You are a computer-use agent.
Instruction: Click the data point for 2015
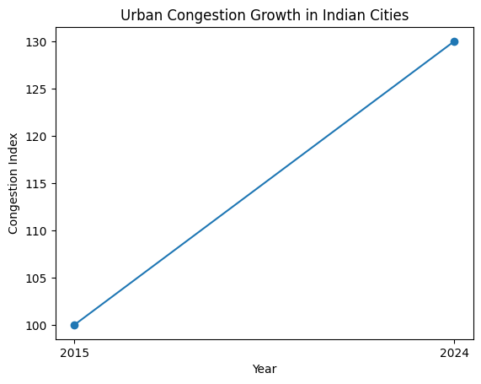click(74, 325)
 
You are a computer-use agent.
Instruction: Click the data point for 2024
click(454, 41)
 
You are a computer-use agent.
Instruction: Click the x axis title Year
click(264, 369)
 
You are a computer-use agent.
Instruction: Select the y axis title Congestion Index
click(13, 183)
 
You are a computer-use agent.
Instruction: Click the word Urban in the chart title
click(139, 15)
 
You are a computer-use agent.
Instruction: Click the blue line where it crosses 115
click(264, 183)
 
